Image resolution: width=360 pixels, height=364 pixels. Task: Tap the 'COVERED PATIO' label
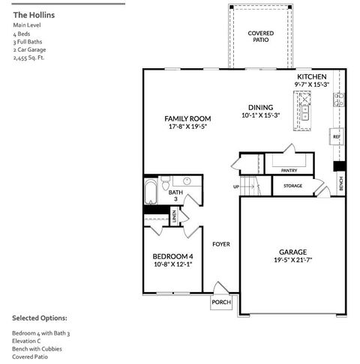(x=260, y=37)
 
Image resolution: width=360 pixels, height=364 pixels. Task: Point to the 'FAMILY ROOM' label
(x=187, y=118)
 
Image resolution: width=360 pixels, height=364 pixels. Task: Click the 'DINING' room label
(x=260, y=106)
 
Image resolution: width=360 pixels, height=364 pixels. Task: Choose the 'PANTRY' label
(x=289, y=171)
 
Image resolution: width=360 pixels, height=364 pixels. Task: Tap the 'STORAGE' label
(x=292, y=186)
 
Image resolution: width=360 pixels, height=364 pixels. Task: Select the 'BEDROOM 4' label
(x=172, y=255)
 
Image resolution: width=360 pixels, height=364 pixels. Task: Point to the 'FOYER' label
(x=220, y=244)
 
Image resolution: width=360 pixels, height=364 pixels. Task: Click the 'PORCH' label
(x=221, y=303)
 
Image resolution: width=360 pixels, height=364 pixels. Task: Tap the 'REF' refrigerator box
(x=337, y=138)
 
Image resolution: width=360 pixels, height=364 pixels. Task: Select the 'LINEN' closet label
(x=174, y=217)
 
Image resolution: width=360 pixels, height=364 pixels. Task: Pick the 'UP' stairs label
(x=236, y=186)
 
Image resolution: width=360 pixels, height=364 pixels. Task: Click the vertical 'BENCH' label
(x=341, y=182)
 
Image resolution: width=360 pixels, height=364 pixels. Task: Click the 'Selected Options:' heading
(x=39, y=318)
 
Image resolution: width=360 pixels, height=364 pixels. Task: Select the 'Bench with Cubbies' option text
(x=37, y=349)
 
